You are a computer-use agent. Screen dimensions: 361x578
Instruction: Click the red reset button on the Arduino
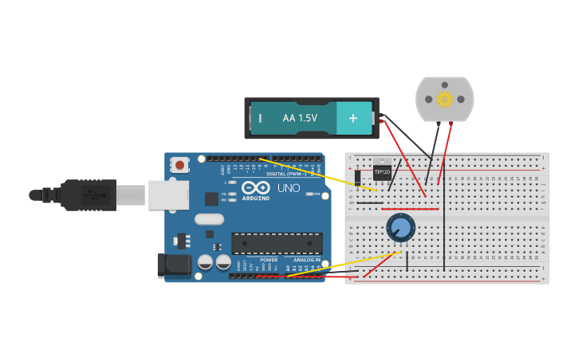180,166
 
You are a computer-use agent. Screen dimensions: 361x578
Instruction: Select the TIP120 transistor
382,171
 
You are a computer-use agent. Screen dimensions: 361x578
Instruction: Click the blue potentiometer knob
400,228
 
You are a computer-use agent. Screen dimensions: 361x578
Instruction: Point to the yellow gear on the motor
444,99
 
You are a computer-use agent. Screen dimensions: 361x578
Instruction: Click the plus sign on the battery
352,119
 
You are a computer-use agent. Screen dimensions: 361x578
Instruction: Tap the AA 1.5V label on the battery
300,119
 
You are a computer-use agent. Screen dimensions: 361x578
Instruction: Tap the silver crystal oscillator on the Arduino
209,219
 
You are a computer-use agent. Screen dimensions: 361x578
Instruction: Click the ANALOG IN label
306,260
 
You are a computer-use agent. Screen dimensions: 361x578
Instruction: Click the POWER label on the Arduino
268,260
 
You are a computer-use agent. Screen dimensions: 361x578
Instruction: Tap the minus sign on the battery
260,119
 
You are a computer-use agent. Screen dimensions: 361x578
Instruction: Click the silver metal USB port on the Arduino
167,194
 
